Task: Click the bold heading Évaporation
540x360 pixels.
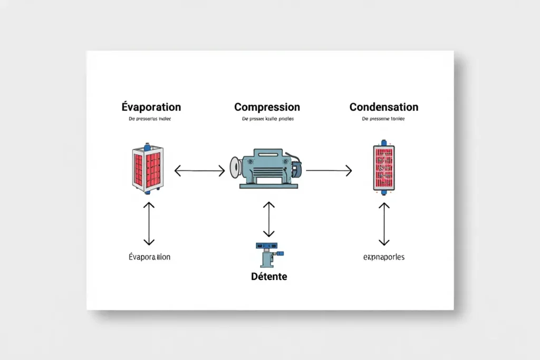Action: tap(151, 107)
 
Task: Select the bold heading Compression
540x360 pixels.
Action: tap(267, 107)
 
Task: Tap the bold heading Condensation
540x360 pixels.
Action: tap(383, 107)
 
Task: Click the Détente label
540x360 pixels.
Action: tap(269, 276)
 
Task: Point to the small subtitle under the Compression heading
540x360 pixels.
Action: tap(268, 119)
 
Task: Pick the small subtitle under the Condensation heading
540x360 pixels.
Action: tap(383, 119)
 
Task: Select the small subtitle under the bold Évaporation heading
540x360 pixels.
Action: tap(151, 119)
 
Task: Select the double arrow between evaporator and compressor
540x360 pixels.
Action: tap(199, 170)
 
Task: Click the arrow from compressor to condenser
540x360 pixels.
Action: tap(329, 170)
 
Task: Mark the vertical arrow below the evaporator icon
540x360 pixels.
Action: tap(149, 223)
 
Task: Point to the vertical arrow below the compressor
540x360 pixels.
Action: tap(269, 219)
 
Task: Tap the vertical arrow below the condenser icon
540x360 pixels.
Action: tap(384, 223)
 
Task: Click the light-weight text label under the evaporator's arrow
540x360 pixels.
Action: tap(149, 257)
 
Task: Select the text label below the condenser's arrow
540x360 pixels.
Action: tap(383, 257)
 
